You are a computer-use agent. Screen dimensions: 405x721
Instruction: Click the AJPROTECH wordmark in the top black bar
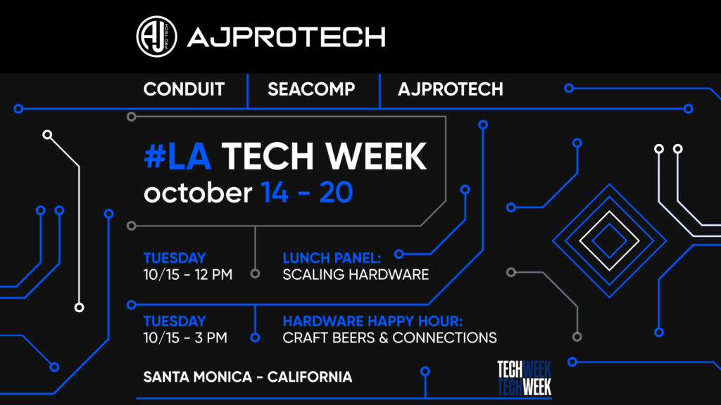click(286, 36)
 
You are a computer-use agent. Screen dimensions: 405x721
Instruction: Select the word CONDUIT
click(184, 89)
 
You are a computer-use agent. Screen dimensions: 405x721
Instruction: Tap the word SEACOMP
click(311, 89)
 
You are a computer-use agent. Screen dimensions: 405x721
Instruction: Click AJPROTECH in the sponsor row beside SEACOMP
click(450, 89)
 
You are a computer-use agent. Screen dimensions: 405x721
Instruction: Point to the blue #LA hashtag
click(177, 156)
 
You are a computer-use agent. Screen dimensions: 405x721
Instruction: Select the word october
click(197, 192)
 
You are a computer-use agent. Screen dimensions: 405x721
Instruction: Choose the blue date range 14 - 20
click(306, 192)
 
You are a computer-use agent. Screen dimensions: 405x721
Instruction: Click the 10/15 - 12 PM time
click(188, 274)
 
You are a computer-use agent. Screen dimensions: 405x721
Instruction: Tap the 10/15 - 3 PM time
click(185, 337)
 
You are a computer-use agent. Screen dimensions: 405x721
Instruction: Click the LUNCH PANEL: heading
click(332, 257)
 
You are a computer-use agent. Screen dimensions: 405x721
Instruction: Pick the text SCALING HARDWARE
click(356, 274)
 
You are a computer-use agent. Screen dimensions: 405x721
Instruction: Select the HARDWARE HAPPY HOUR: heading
click(372, 321)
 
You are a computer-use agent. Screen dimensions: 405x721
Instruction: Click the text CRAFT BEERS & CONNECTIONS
click(389, 337)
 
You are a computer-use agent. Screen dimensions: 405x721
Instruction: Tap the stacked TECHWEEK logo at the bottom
click(524, 378)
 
